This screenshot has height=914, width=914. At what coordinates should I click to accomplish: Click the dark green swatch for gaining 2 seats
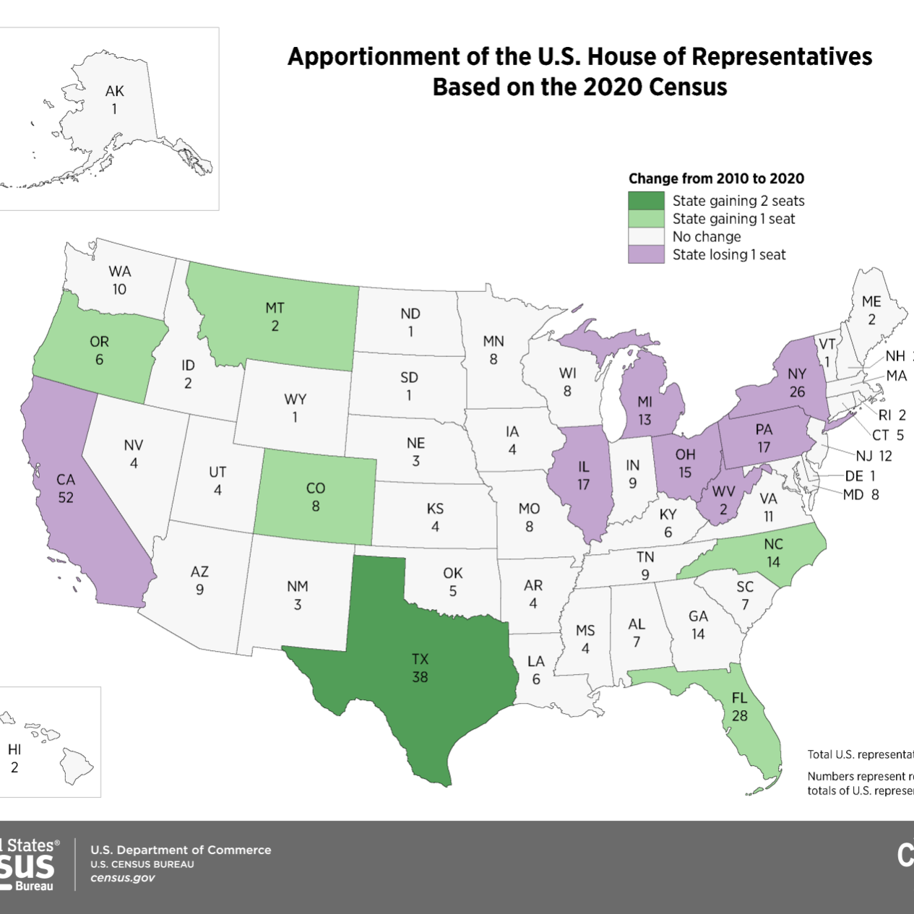tap(646, 201)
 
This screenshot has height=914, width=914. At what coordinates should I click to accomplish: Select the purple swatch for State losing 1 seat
tap(646, 254)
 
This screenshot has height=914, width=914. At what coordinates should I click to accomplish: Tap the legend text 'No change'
tap(706, 237)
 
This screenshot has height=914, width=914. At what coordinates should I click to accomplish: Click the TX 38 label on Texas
tap(420, 668)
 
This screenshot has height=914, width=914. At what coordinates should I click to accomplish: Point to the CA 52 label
tap(66, 488)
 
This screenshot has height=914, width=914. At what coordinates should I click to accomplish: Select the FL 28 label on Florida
tap(739, 707)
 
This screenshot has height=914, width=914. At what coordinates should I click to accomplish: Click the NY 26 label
tap(797, 383)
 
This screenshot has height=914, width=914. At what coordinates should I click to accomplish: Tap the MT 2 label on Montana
tap(275, 316)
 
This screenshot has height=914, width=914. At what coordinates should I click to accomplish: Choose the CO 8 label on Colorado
tap(316, 497)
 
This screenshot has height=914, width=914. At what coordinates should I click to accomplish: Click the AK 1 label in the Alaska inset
tap(114, 100)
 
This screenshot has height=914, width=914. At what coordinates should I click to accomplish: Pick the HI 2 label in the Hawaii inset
tap(14, 759)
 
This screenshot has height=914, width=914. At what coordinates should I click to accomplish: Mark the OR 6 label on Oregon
tap(99, 350)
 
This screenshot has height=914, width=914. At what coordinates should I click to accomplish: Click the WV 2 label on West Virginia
tap(723, 500)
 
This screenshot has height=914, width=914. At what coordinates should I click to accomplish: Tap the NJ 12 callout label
tap(874, 456)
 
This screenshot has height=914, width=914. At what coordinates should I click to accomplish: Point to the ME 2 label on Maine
tap(871, 310)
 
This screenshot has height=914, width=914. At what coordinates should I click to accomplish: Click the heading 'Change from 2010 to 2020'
tap(715, 178)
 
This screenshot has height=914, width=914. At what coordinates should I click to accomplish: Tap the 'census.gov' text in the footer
tap(123, 878)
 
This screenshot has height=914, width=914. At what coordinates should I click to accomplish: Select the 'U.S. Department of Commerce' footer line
tap(181, 850)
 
